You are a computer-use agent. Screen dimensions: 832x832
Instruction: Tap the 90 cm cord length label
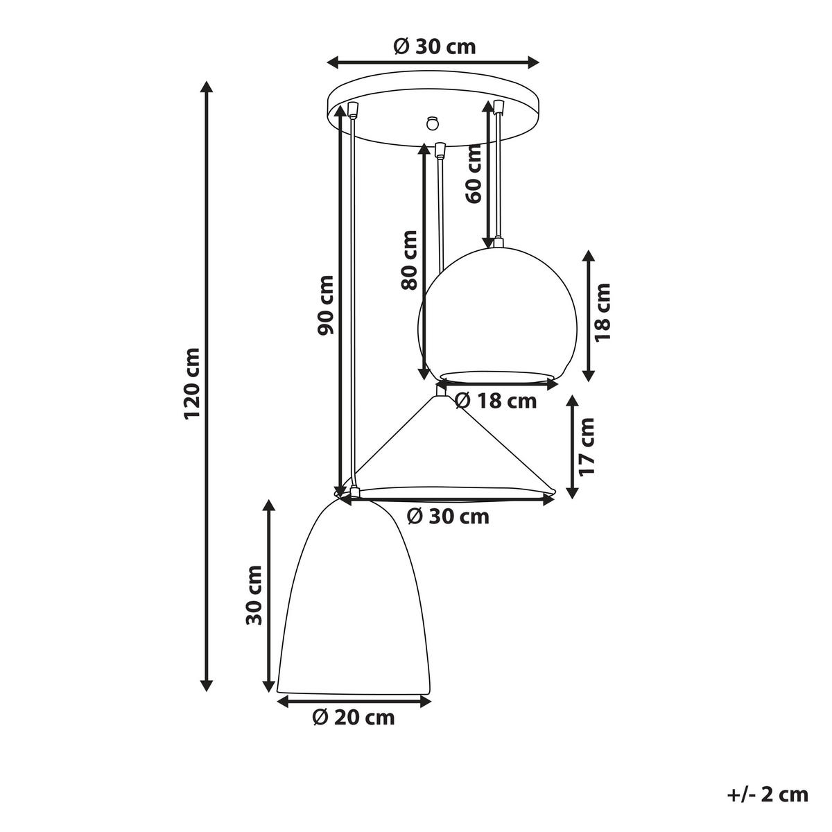click(x=325, y=306)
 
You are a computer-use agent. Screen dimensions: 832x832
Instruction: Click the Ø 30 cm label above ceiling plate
click(x=434, y=46)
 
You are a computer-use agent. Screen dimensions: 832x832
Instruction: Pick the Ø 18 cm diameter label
click(x=495, y=400)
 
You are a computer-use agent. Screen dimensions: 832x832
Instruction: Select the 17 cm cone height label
click(x=587, y=446)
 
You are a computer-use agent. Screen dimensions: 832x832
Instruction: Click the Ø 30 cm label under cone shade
click(x=448, y=517)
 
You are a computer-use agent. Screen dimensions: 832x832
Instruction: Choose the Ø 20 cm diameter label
click(x=353, y=718)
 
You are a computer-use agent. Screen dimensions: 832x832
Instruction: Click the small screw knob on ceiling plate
click(x=433, y=122)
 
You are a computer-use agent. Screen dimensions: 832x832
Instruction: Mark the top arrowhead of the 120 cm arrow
click(x=206, y=87)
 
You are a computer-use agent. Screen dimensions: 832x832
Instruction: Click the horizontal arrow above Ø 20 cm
click(x=353, y=702)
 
